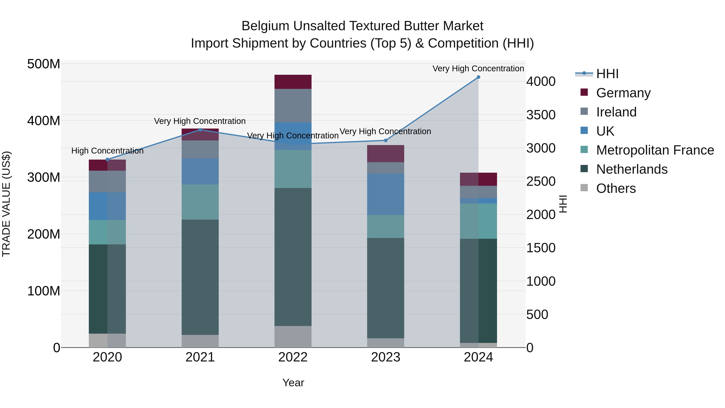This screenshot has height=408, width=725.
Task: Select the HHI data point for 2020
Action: [x=107, y=160]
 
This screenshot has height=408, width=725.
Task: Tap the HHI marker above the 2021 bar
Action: [x=200, y=130]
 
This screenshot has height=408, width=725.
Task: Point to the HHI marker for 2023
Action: [x=386, y=140]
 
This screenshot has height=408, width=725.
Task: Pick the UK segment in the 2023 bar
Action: [x=386, y=194]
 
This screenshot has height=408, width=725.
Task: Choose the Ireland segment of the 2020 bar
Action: [x=107, y=181]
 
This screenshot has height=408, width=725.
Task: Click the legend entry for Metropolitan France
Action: [x=655, y=150]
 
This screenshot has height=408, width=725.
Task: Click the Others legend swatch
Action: [x=584, y=188]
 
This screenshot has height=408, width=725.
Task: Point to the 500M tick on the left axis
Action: [x=44, y=64]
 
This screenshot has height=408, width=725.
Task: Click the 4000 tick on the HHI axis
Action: [x=541, y=82]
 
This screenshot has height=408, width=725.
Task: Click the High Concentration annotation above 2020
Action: [x=107, y=151]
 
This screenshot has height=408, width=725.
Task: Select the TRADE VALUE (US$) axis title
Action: [x=6, y=204]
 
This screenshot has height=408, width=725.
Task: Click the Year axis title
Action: [x=293, y=383]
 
